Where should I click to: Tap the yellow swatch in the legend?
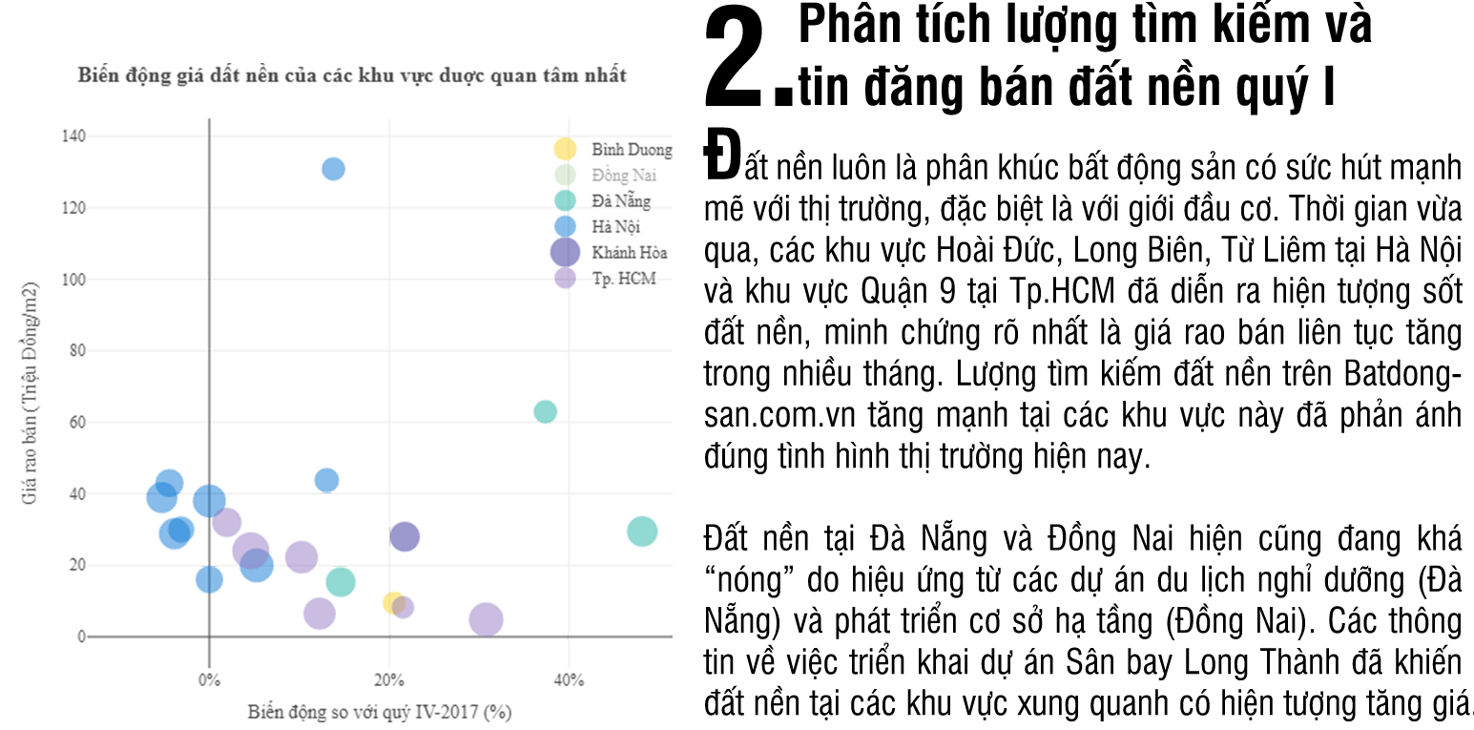tap(561, 151)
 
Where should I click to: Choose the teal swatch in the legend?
tap(563, 196)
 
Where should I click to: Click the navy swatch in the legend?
tap(551, 248)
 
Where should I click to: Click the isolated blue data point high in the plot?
tap(327, 170)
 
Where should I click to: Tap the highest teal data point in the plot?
tap(540, 399)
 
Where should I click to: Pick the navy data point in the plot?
tap(417, 532)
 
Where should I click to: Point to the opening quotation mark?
tap(711, 574)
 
